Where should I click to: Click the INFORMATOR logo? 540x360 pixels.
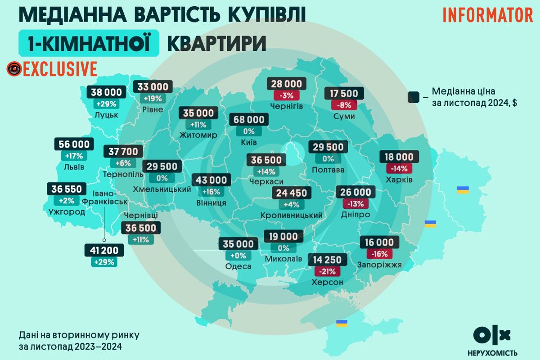[488, 15]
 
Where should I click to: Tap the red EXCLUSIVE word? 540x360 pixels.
[60, 68]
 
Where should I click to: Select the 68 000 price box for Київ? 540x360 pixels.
[249, 120]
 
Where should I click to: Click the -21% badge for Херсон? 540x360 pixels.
[328, 271]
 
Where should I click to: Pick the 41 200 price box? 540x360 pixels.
[103, 250]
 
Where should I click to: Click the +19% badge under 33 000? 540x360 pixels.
[153, 98]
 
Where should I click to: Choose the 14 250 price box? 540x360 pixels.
[328, 260]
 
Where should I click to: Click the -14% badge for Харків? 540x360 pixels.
[399, 168]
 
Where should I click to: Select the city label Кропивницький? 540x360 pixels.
[292, 216]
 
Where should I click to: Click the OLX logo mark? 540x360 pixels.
[492, 335]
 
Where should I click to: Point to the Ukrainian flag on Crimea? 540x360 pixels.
[342, 323]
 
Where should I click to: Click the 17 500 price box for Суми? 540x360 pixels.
[344, 94]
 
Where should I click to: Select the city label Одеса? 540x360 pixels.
[238, 266]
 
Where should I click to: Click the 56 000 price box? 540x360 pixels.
[74, 144]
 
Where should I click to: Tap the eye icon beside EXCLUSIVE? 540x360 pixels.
[14, 68]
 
